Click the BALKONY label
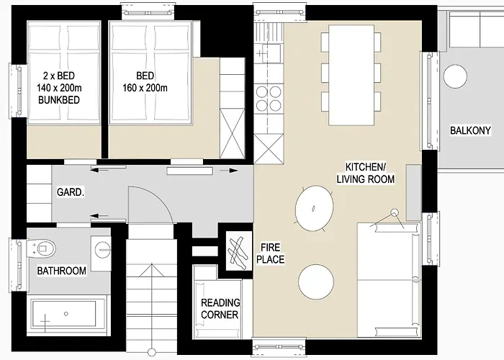(470, 131)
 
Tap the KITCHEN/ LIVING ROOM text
(369, 172)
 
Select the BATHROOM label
(62, 271)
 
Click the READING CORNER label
(220, 309)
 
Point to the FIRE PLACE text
(271, 253)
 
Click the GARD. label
(71, 194)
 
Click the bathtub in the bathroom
(64, 315)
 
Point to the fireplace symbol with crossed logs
(238, 252)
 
